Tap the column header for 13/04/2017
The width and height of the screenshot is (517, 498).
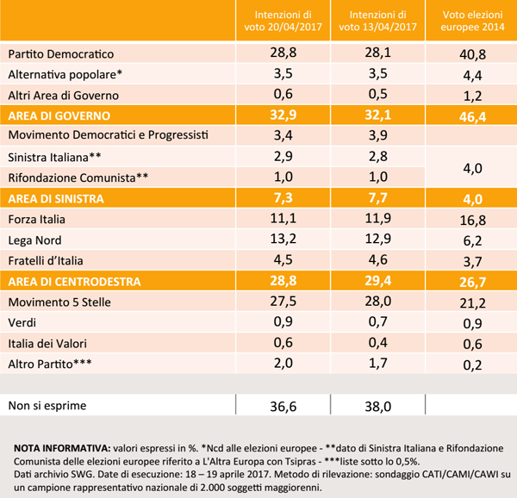tap(379, 21)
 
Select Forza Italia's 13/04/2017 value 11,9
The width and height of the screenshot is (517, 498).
tap(379, 219)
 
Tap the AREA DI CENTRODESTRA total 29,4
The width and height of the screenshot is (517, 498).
tap(379, 281)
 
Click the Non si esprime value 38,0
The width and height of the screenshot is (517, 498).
tap(379, 405)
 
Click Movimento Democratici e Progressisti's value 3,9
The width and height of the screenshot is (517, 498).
tap(379, 136)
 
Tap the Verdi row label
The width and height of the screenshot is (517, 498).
tap(22, 322)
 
